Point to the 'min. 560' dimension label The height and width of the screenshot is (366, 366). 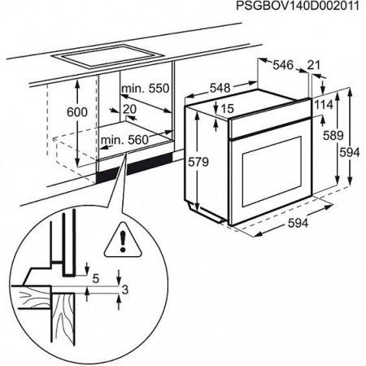tap(125, 140)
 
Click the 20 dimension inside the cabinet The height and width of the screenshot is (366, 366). tap(131, 107)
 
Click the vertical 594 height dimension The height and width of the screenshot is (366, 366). tap(351, 153)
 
